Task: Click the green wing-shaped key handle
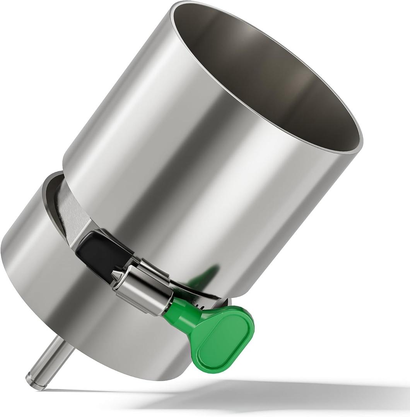click(222, 338)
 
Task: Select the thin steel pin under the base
click(50, 361)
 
